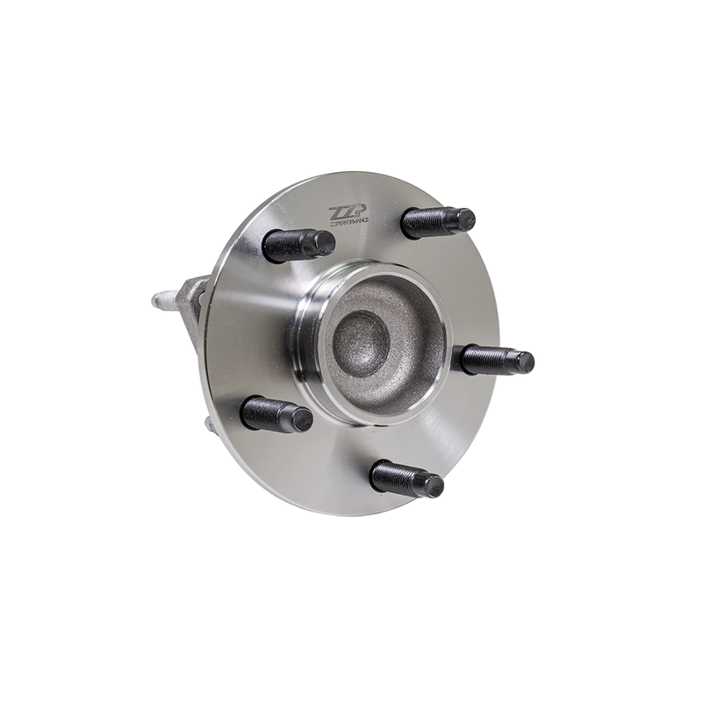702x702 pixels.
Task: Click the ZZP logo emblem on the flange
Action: (343, 211)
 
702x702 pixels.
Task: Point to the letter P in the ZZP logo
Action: (353, 211)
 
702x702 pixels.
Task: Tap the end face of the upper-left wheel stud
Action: (324, 242)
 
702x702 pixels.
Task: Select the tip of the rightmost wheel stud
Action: (525, 361)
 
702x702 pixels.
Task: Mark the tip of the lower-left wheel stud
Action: (302, 419)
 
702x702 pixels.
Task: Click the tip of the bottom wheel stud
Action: (433, 484)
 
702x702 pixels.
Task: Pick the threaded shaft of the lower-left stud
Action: (267, 412)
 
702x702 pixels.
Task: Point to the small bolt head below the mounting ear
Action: (208, 425)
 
